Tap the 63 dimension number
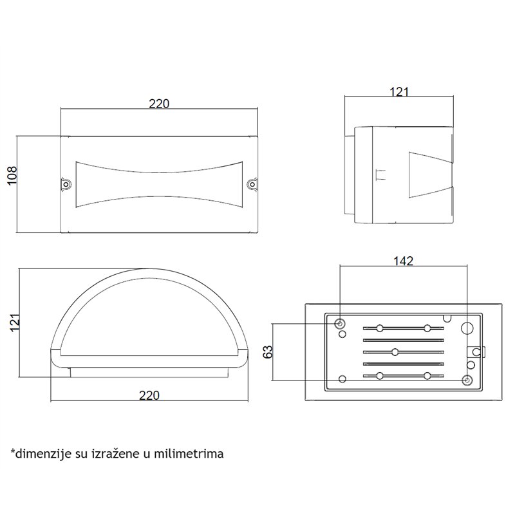[268, 351]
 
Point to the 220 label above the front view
[159, 104]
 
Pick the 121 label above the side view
[400, 92]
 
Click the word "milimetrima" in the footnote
[192, 454]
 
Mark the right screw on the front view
[252, 185]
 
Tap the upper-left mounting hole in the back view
[341, 323]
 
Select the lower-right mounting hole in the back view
[468, 380]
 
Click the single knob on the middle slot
[393, 352]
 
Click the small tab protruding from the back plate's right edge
[477, 352]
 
